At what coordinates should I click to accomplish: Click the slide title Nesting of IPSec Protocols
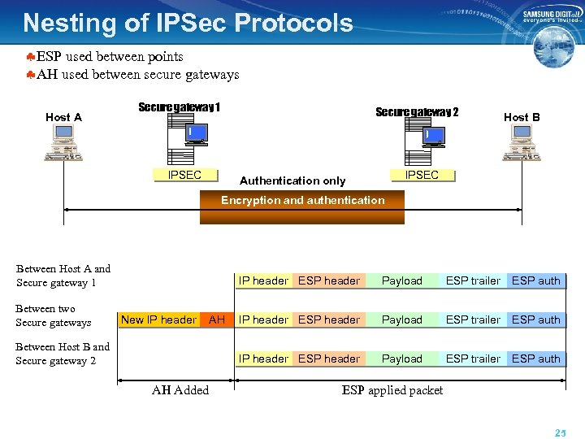tap(188, 22)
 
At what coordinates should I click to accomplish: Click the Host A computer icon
tap(63, 144)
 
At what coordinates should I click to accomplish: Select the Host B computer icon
tap(521, 144)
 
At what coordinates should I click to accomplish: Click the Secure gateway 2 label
tap(417, 112)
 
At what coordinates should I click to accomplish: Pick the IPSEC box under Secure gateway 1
tap(184, 175)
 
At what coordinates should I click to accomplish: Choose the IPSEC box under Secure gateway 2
tap(422, 175)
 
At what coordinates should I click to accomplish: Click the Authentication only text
tap(292, 180)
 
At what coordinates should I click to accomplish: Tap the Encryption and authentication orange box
tap(302, 207)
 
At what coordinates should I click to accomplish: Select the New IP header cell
tap(158, 319)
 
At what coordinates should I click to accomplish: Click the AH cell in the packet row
tap(216, 319)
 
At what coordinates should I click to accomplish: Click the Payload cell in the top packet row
tap(402, 280)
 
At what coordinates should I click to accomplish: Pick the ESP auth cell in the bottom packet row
tap(535, 359)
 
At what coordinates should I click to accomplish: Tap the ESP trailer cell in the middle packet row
tap(473, 319)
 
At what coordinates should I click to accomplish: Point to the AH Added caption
tap(180, 390)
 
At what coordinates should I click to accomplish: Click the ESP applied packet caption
tap(392, 390)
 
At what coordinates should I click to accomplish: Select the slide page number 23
tap(560, 433)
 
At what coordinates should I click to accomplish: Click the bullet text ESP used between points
tap(110, 56)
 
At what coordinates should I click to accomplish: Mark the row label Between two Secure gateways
tap(54, 315)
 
